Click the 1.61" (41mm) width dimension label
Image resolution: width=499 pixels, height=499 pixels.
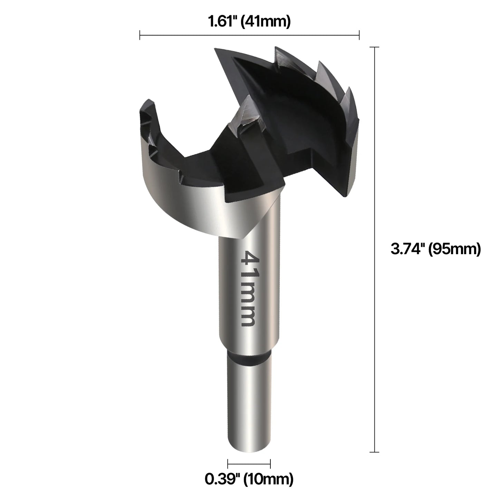click(249, 22)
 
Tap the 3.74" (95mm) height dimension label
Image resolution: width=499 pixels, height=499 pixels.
click(435, 249)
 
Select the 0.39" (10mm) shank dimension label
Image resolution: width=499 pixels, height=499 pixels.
click(249, 479)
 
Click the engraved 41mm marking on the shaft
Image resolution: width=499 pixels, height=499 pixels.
click(249, 289)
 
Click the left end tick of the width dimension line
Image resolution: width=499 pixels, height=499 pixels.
click(140, 35)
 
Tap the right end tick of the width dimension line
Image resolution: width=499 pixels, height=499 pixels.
click(359, 35)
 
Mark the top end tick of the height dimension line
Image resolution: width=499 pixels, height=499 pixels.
click(374, 47)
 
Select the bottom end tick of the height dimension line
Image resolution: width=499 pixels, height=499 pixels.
click(374, 452)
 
